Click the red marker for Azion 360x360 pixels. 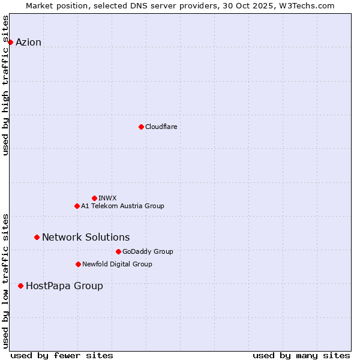(x=10, y=42)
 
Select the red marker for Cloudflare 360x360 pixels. (x=141, y=127)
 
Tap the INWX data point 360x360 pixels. (x=94, y=198)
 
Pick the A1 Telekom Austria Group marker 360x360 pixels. (x=77, y=206)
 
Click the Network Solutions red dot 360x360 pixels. (x=37, y=237)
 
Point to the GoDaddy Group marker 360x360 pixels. (x=118, y=251)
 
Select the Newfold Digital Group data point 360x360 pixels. (x=78, y=264)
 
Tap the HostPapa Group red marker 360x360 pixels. (x=21, y=286)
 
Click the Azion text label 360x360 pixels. (x=28, y=42)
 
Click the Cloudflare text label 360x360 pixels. (x=161, y=127)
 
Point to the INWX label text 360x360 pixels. (x=107, y=198)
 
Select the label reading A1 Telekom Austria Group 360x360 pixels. (x=122, y=206)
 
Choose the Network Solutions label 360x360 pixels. (x=86, y=237)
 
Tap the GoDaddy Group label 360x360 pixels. (x=148, y=251)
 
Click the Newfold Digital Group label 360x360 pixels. (x=117, y=264)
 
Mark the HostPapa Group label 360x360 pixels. (x=64, y=286)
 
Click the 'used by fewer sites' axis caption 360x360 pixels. (x=62, y=355)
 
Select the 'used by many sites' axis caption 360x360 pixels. (x=301, y=355)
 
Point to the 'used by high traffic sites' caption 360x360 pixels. (x=6, y=85)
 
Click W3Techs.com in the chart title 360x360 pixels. (x=308, y=5)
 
